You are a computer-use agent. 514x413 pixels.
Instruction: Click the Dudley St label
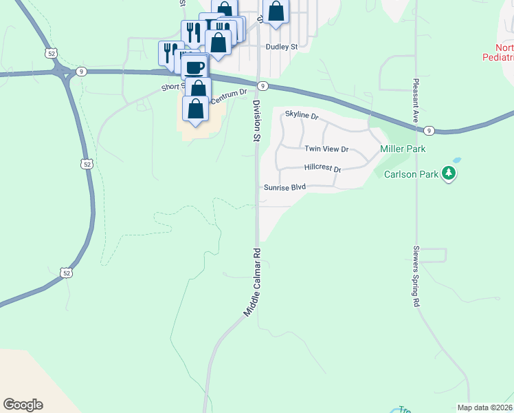click(281, 47)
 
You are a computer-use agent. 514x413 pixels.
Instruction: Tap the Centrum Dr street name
click(228, 97)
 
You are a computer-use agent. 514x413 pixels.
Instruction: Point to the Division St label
click(256, 120)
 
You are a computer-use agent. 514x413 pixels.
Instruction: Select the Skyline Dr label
click(302, 117)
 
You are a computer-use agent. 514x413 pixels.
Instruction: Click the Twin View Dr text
click(327, 149)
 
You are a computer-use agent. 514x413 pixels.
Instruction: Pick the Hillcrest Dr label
click(323, 168)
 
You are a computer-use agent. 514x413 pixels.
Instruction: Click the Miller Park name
click(403, 149)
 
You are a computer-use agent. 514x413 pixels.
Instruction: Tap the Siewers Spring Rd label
click(416, 275)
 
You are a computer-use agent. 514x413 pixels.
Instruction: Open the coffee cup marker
click(195, 68)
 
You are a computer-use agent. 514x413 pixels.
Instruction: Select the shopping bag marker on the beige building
click(196, 109)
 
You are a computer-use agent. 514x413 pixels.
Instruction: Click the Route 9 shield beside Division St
click(262, 85)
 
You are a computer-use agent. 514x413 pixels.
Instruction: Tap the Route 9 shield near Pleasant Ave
click(428, 130)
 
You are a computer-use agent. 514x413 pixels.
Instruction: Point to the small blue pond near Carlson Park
click(457, 160)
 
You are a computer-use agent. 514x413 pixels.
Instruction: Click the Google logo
click(23, 405)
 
